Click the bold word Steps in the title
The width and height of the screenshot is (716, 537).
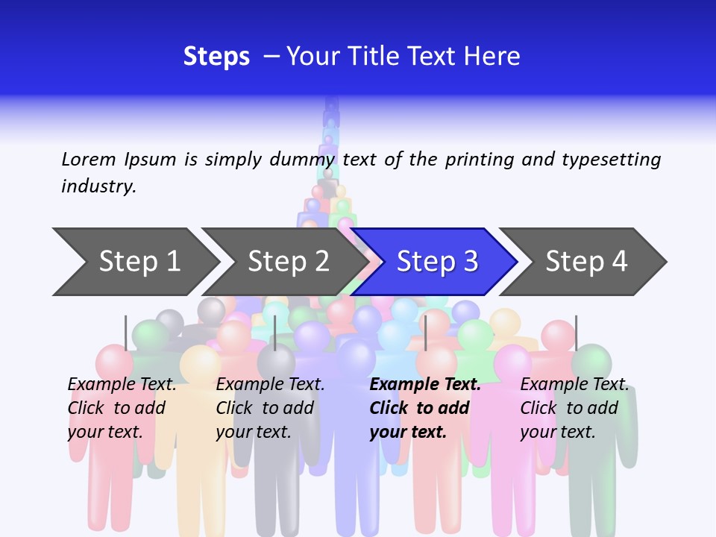point(216,57)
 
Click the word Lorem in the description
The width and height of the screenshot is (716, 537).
point(89,160)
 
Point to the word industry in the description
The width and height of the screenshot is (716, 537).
point(98,186)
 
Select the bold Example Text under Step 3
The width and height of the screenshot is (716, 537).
point(425,385)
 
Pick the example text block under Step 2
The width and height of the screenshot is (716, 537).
point(270,408)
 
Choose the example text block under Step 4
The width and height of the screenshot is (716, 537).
point(574,408)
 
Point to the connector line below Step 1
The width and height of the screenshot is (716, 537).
point(126,333)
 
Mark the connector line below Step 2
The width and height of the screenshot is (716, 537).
point(275,333)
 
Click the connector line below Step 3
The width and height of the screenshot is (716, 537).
point(425,333)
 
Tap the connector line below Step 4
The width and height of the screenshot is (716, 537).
point(576,333)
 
